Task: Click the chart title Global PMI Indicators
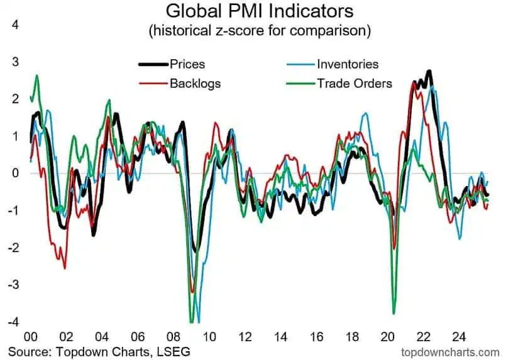coord(260,11)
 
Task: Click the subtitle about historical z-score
coord(260,30)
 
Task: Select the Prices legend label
coord(187,63)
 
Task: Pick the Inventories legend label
coord(348,63)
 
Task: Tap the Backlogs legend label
coord(195,83)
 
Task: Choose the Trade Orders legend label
coord(355,83)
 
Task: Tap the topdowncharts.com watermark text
coord(451,350)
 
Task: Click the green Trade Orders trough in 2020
coord(394,312)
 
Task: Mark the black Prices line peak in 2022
coord(429,72)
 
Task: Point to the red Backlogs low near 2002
coord(64,268)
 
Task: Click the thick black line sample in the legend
coord(153,63)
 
